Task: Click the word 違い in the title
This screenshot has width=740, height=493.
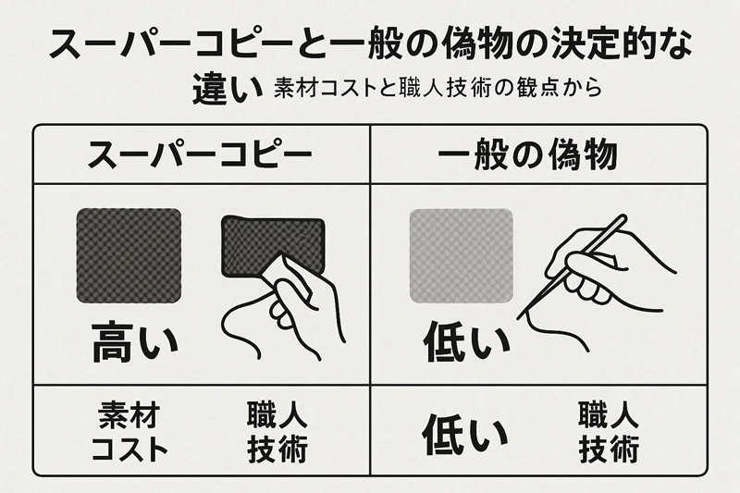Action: (217, 89)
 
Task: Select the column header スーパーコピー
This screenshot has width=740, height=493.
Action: (200, 154)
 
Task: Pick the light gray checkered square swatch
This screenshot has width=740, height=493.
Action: (461, 253)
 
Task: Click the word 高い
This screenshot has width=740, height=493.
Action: (134, 343)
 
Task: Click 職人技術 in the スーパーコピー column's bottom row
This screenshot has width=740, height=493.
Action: (277, 431)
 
